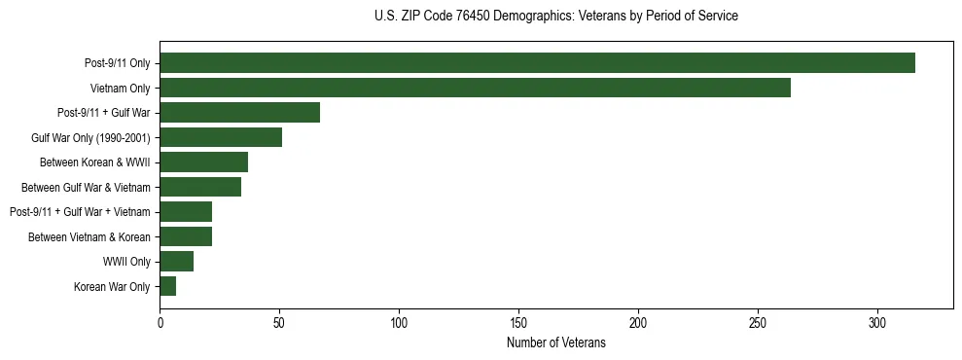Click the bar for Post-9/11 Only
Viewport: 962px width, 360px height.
[x=537, y=63]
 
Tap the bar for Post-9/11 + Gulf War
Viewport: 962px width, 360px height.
[x=239, y=113]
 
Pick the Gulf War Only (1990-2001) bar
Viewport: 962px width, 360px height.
[x=221, y=137]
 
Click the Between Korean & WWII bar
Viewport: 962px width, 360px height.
[x=203, y=162]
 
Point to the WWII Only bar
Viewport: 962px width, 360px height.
[x=176, y=261]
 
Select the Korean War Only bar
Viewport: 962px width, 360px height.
[x=167, y=286]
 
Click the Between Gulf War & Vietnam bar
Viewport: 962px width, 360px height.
[x=200, y=187]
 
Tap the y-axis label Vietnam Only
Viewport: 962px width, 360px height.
[x=120, y=89]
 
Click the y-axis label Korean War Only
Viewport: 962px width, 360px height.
[x=112, y=287]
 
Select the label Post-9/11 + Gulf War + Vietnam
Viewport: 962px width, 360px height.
[x=80, y=212]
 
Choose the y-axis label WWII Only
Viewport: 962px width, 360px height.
[x=126, y=262]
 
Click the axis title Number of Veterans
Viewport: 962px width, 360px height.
[x=555, y=343]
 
